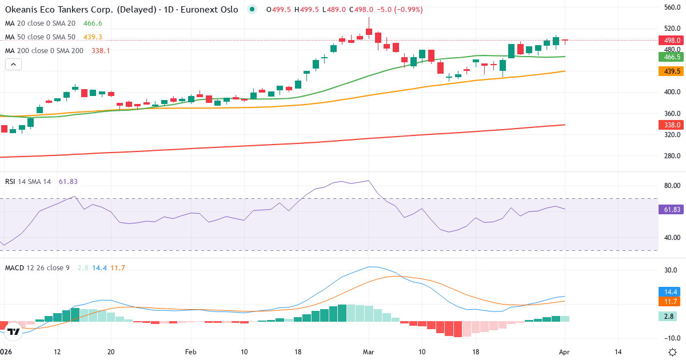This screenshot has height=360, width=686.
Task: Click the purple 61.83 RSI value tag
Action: pos(671,210)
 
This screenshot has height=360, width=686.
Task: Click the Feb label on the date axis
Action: pos(191,352)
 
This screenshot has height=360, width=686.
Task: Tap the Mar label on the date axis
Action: pos(369,352)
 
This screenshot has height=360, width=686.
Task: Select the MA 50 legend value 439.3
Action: pos(93,37)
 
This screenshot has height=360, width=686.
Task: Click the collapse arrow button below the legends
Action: pos(13,65)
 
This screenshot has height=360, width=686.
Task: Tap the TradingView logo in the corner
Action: pos(14,331)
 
